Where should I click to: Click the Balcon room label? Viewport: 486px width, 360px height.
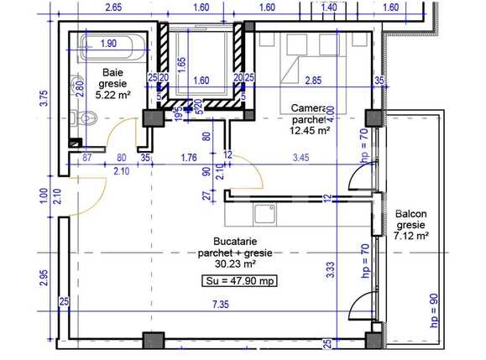pyautogui.click(x=411, y=214)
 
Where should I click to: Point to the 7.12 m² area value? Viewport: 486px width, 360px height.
pyautogui.click(x=411, y=237)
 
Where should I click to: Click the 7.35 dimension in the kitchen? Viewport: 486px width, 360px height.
pyautogui.click(x=221, y=303)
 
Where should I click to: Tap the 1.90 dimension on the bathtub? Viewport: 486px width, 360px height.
pyautogui.click(x=107, y=43)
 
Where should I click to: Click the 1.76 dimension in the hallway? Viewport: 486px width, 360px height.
pyautogui.click(x=189, y=157)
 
